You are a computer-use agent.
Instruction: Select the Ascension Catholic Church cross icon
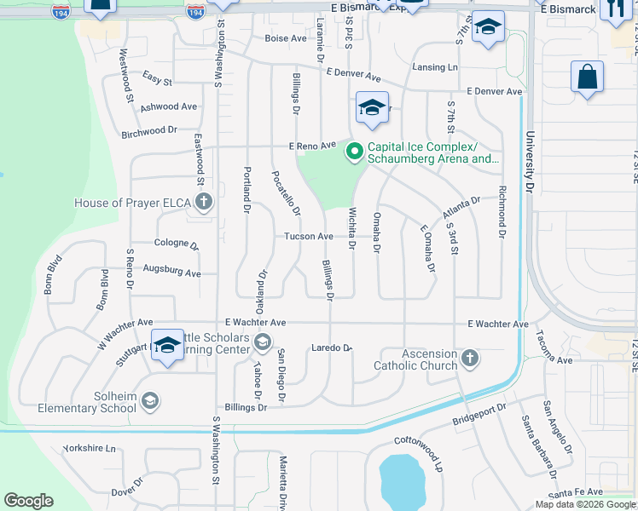pyautogui.click(x=470, y=359)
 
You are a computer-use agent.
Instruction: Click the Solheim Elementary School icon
pyautogui.click(x=150, y=401)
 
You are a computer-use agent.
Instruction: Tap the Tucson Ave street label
pyautogui.click(x=308, y=236)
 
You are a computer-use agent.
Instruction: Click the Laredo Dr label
pyautogui.click(x=332, y=347)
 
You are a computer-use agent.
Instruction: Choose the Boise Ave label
pyautogui.click(x=285, y=38)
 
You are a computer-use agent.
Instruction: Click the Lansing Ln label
pyautogui.click(x=435, y=67)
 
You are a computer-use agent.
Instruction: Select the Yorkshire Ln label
pyautogui.click(x=89, y=448)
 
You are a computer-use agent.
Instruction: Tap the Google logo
pyautogui.click(x=28, y=501)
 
